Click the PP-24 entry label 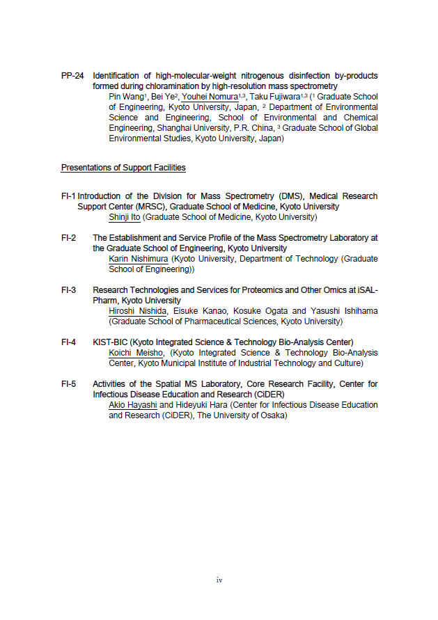point(72,75)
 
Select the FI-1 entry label point(68,196)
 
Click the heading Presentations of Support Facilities point(123,168)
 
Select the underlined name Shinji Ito point(125,217)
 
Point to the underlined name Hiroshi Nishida point(138,311)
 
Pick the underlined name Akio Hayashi point(133,404)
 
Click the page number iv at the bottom point(219,580)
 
